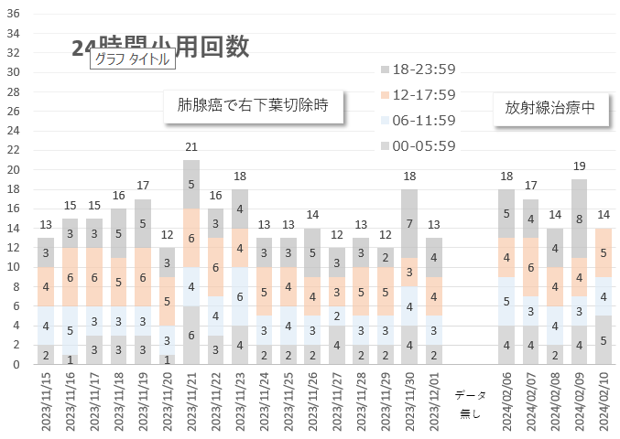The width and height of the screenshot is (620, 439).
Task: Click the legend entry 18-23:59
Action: pyautogui.click(x=423, y=69)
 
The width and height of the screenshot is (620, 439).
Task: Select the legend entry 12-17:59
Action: pyautogui.click(x=423, y=94)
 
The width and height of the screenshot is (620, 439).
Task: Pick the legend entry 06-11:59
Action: pyautogui.click(x=423, y=120)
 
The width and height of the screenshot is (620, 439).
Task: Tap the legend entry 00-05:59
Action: pyautogui.click(x=423, y=145)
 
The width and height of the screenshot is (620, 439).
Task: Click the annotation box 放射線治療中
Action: pyautogui.click(x=549, y=107)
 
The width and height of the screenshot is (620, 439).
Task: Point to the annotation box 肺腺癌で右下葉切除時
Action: pyautogui.click(x=252, y=106)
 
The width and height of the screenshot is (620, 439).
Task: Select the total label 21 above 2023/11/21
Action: pyautogui.click(x=191, y=147)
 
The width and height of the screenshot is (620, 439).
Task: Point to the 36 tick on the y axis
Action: pyautogui.click(x=14, y=14)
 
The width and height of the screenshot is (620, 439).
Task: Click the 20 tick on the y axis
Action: pyautogui.click(x=14, y=170)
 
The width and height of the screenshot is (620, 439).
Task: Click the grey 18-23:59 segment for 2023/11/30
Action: pyautogui.click(x=410, y=223)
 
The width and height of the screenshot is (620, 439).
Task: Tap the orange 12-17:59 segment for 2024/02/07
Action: pyautogui.click(x=531, y=267)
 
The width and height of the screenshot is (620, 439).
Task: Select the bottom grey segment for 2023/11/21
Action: pyautogui.click(x=191, y=336)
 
